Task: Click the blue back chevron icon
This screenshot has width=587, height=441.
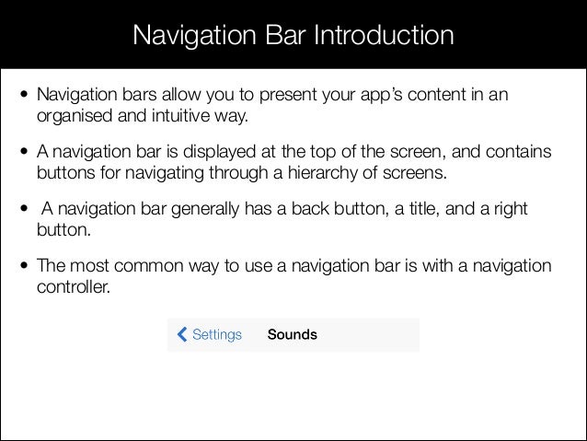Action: (x=180, y=334)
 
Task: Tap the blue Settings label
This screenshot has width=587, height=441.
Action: (x=217, y=334)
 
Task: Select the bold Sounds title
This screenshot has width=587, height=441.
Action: (x=292, y=334)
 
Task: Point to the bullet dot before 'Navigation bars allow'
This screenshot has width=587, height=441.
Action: (x=25, y=97)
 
